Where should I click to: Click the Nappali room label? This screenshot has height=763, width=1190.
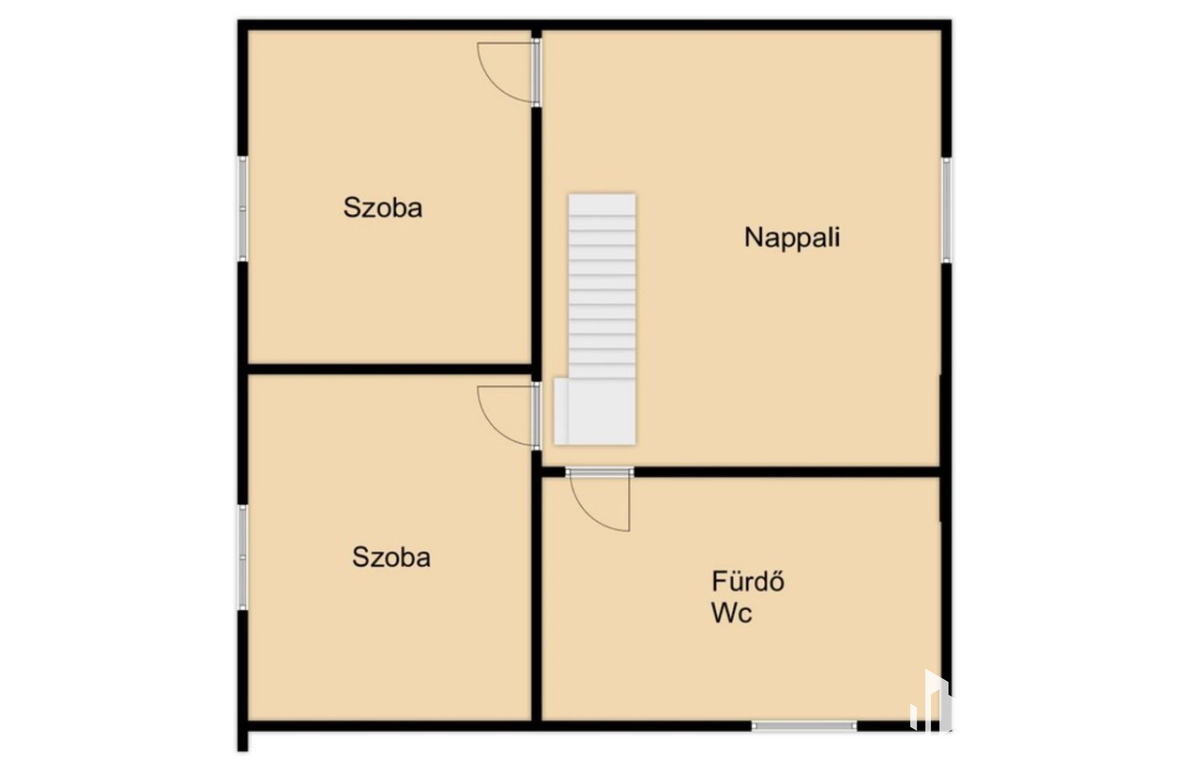[x=792, y=237]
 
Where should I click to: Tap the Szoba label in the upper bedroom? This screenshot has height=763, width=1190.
[x=383, y=207]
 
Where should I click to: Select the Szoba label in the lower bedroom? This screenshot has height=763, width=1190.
[x=391, y=557]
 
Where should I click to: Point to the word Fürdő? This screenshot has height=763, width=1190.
[x=748, y=581]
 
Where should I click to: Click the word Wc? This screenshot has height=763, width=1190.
[x=731, y=612]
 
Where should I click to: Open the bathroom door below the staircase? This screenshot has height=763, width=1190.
[x=600, y=500]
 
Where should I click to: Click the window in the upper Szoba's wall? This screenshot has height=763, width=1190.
[x=242, y=209]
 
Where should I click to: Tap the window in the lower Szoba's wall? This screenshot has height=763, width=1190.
[x=242, y=557]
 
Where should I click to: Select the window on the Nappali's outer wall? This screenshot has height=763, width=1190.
[x=946, y=210]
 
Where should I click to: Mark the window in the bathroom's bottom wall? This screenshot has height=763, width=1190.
[x=804, y=725]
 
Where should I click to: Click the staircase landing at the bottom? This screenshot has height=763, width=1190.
[x=594, y=411]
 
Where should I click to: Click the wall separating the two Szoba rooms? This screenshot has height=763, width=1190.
[x=390, y=369]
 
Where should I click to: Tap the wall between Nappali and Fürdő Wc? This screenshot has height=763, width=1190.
[x=787, y=472]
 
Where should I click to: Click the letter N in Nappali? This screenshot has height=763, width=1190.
[x=753, y=237]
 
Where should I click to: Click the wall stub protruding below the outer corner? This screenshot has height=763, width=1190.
[x=242, y=741]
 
